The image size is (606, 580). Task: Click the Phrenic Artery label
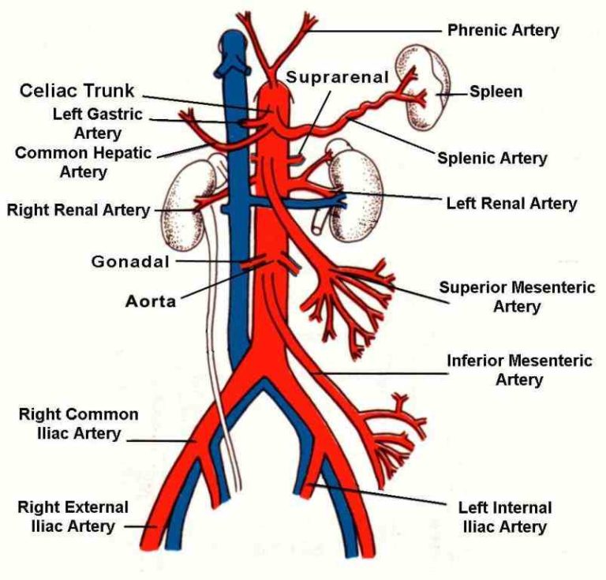point(503,30)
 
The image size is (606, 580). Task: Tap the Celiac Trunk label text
point(78,89)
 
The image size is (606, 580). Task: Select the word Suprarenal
point(338,77)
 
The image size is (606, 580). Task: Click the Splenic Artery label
point(492,158)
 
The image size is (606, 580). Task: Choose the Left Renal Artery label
point(511,203)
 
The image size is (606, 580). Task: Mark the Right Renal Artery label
point(78,210)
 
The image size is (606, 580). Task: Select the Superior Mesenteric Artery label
point(517,296)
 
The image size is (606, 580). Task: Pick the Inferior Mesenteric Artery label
point(518,370)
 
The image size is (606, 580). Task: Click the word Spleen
point(496,92)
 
